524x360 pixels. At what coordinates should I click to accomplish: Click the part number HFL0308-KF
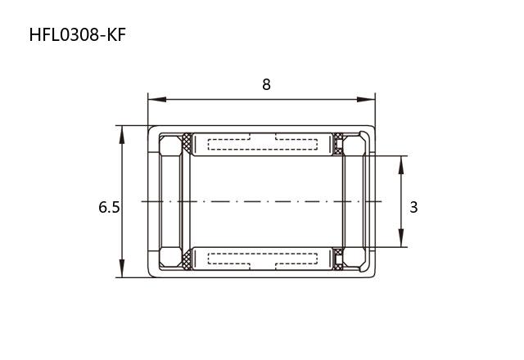(78, 34)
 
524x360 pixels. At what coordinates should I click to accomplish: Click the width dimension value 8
(266, 84)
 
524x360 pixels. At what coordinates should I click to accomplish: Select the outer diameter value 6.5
(109, 207)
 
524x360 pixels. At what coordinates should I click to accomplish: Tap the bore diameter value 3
(413, 207)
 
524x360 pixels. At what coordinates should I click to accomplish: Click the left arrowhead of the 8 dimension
(157, 100)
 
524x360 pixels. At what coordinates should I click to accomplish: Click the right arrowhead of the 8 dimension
(366, 100)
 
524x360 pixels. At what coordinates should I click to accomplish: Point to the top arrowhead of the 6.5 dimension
(122, 135)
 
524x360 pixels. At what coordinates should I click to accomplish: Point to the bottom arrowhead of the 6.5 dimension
(122, 268)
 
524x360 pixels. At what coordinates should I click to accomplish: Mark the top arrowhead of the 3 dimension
(401, 165)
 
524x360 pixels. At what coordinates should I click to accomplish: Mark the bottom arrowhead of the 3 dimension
(401, 238)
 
